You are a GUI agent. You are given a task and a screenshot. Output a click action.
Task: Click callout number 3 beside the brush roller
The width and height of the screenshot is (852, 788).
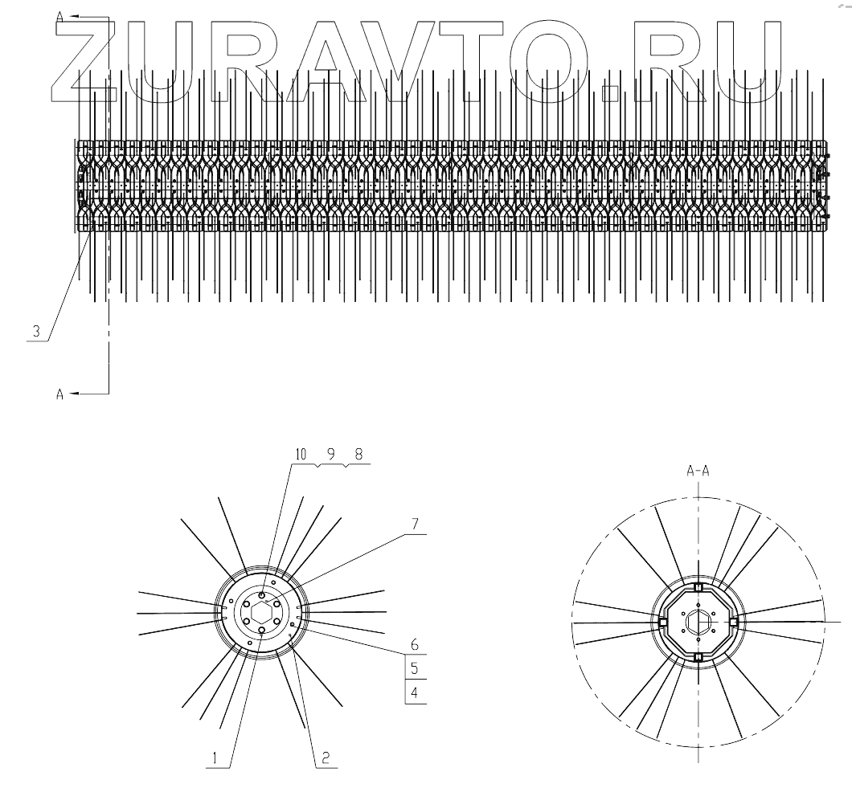(x=35, y=331)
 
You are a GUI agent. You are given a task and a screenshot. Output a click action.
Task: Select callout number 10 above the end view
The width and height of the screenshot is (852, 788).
(x=301, y=455)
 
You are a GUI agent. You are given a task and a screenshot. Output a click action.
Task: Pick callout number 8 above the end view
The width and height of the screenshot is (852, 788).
(x=358, y=455)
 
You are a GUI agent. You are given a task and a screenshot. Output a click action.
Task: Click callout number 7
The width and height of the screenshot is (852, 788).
(x=416, y=524)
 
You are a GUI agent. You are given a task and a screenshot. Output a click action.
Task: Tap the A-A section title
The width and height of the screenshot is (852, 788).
(x=698, y=473)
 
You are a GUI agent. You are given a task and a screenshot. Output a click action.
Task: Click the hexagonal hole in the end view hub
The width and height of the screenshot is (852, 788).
(x=262, y=614)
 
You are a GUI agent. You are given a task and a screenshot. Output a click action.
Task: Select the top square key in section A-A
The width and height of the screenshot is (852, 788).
(x=698, y=587)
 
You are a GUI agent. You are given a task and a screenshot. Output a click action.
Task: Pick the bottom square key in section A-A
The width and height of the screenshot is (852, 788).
(x=698, y=658)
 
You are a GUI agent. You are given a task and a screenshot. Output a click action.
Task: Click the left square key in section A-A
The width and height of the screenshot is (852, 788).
(x=662, y=623)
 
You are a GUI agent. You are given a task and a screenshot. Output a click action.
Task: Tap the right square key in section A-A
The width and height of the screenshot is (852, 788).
(x=733, y=623)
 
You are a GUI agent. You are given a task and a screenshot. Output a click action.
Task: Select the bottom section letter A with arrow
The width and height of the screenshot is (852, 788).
(x=60, y=394)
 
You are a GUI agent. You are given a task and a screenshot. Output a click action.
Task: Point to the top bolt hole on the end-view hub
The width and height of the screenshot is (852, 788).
(x=262, y=595)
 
